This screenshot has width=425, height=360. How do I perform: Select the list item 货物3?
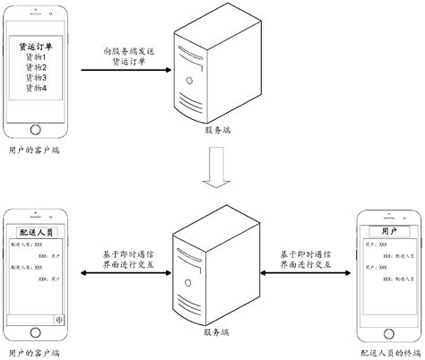37,78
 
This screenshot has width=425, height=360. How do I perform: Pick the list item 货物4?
37,89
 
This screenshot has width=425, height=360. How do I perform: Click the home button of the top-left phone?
37,127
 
